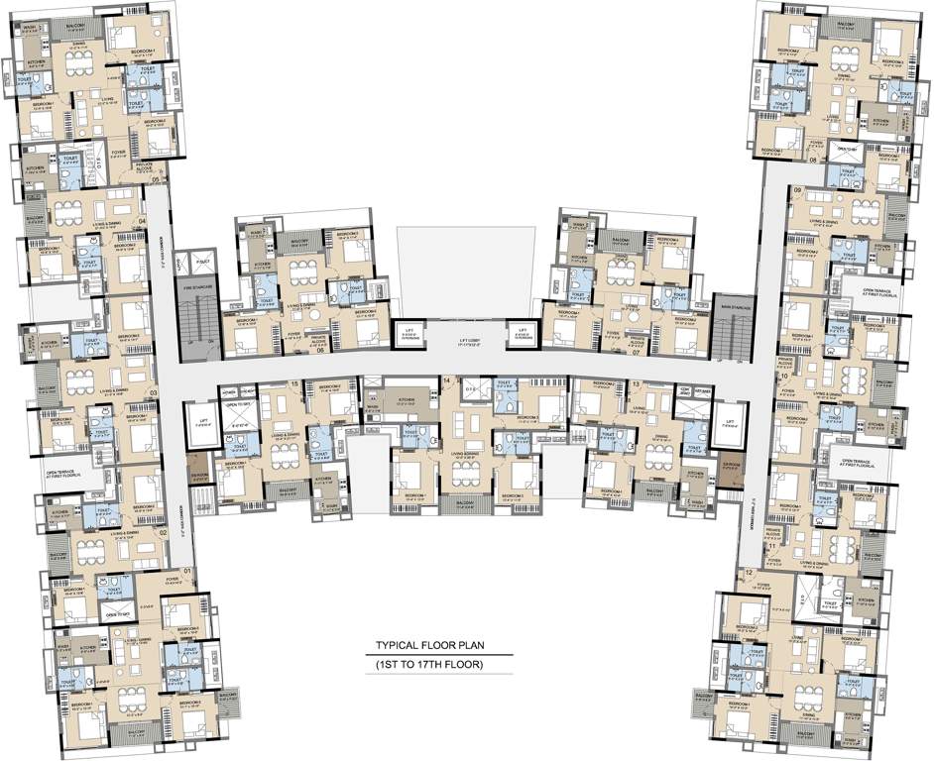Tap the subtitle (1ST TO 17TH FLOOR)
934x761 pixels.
(428, 663)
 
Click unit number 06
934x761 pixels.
(320, 350)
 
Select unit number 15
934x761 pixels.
(294, 383)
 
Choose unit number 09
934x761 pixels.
(797, 189)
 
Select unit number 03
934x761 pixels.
(153, 392)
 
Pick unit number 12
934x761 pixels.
(748, 574)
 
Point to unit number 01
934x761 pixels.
(186, 571)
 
